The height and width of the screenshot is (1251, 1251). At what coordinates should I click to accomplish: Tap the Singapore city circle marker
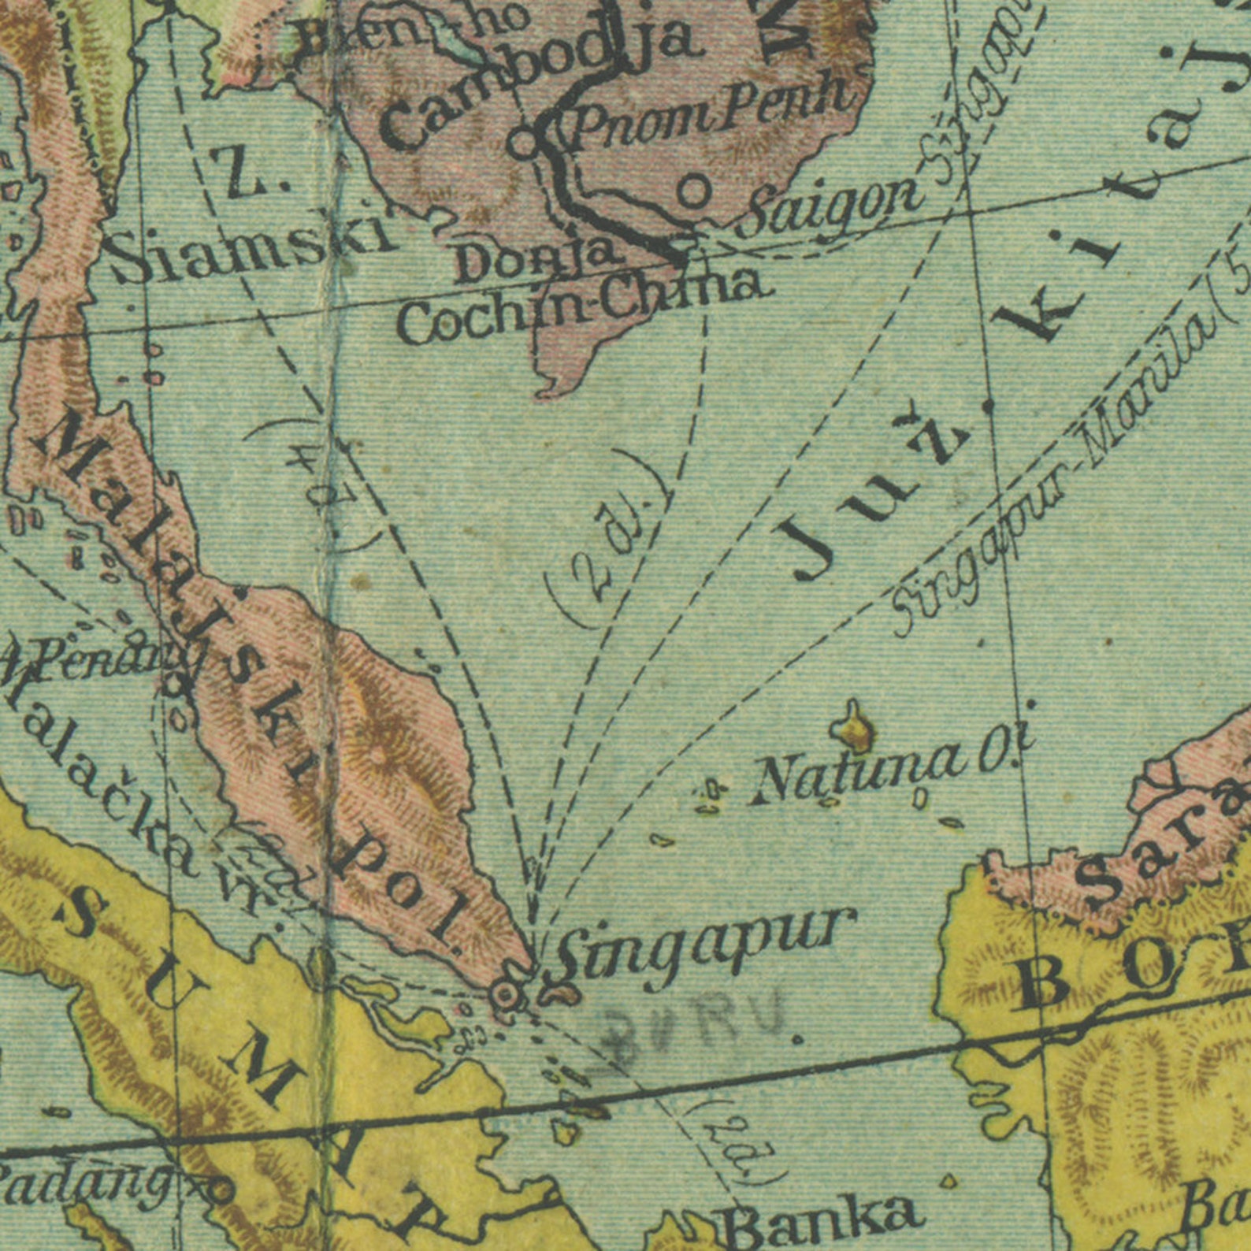tap(504, 995)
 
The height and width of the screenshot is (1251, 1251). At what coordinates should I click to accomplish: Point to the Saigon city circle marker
tap(693, 191)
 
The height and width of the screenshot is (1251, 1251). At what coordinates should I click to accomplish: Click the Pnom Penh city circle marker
tap(522, 144)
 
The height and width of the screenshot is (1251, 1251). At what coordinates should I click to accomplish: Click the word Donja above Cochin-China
tap(536, 258)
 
